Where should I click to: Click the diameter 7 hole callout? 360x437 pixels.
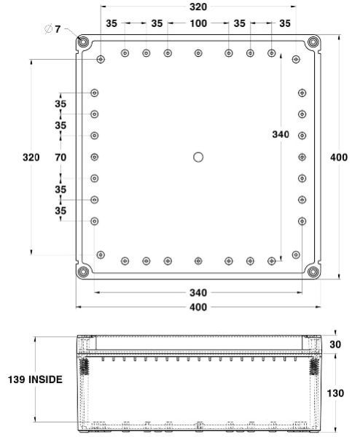coord(52,29)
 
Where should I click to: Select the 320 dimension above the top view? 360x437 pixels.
coord(197,7)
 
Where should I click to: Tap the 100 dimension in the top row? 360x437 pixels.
coord(197,23)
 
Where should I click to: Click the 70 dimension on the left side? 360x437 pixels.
coord(60,157)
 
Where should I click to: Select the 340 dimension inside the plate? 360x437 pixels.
coord(280,135)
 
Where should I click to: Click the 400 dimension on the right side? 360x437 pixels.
coord(339,158)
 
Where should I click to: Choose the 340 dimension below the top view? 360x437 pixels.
coord(197,293)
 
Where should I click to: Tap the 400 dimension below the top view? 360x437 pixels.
coord(197,307)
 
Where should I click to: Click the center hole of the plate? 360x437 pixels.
coord(197,157)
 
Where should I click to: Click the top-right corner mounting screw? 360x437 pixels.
coord(313,42)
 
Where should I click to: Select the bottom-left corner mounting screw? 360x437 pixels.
coord(83,271)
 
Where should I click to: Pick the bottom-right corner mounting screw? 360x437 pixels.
coord(313,271)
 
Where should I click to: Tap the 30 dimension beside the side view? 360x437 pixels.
coord(335,344)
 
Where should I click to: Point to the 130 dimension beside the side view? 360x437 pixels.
coord(336,393)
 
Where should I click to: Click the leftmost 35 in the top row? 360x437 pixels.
coord(111,23)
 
